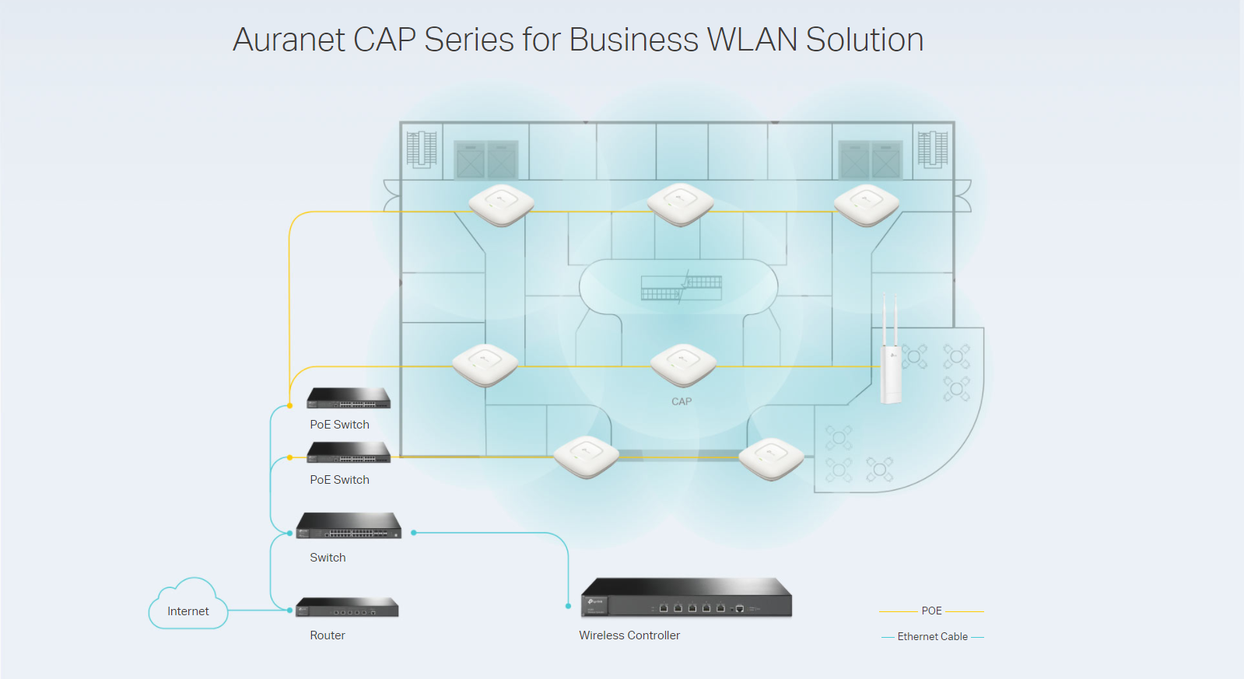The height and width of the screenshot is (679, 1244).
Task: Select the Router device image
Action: (x=347, y=607)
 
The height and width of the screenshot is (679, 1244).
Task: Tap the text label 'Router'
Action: (x=328, y=635)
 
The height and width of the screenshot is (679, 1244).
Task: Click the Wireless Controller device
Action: (x=686, y=598)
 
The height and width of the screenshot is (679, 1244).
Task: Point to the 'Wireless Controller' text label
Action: (x=629, y=635)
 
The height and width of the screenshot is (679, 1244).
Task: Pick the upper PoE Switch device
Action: (x=349, y=398)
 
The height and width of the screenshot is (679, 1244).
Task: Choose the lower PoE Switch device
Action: (x=349, y=453)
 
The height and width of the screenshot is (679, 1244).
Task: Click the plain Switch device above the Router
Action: (x=349, y=526)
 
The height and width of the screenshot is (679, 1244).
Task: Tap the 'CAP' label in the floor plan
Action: (x=682, y=402)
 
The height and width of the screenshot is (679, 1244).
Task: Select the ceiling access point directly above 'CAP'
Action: (x=683, y=365)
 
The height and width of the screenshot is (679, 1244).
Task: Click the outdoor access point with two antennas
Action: (x=891, y=366)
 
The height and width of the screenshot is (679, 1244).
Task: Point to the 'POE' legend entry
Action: (x=931, y=611)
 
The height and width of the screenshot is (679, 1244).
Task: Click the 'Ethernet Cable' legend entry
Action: (x=932, y=637)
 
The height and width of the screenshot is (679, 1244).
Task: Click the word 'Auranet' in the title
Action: (x=289, y=40)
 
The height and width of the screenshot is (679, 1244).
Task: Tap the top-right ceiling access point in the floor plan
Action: (x=867, y=205)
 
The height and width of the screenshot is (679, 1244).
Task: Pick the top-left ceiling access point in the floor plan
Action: (x=502, y=205)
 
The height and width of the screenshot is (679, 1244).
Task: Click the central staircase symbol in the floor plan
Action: (x=682, y=287)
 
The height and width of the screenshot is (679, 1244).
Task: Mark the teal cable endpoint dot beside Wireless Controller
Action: (x=569, y=606)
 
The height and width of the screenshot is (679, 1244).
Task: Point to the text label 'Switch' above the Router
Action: (x=328, y=558)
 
